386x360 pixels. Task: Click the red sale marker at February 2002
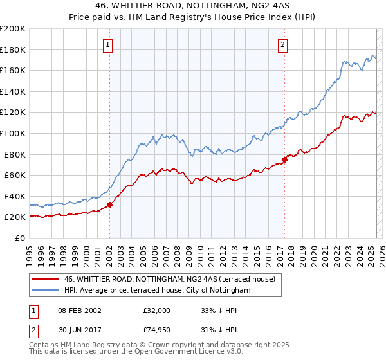(109, 205)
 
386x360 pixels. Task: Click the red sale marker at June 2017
(284, 160)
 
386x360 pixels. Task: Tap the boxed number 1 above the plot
(107, 44)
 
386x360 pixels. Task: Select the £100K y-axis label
(12, 133)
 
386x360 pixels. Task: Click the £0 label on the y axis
(19, 238)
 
